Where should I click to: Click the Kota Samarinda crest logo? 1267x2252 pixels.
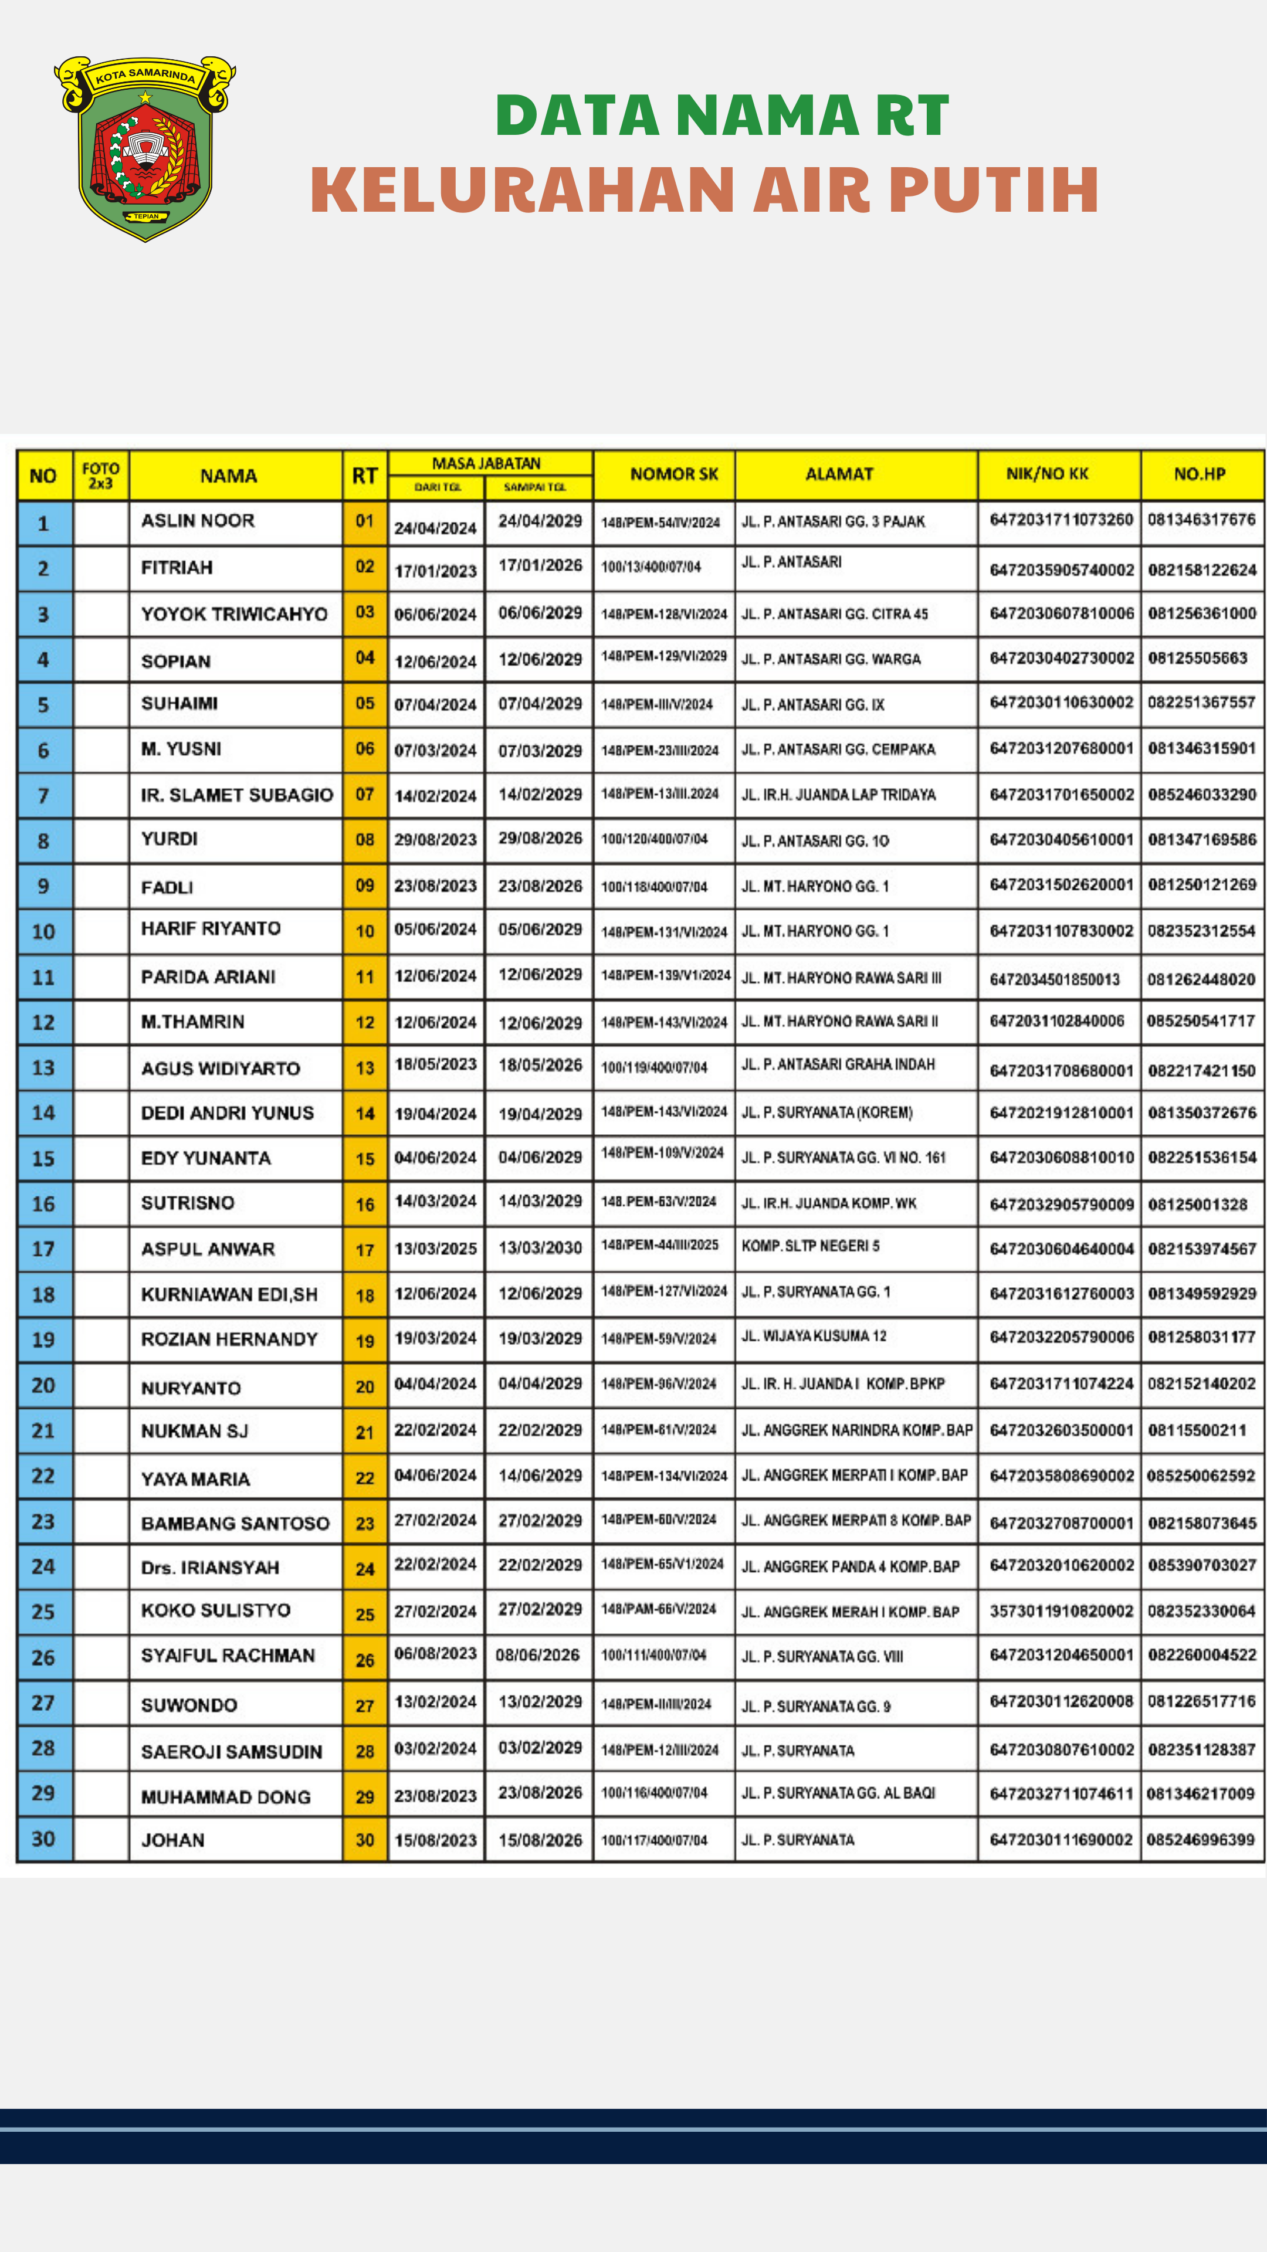(x=145, y=148)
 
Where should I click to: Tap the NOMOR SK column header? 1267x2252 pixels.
(x=673, y=474)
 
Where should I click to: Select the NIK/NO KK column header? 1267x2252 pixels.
(x=1046, y=474)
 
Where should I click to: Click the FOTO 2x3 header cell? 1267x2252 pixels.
(x=100, y=476)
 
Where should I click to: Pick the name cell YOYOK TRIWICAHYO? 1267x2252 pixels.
(x=235, y=613)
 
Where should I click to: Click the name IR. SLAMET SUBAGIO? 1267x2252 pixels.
(x=237, y=795)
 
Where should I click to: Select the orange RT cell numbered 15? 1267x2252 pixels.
(x=365, y=1158)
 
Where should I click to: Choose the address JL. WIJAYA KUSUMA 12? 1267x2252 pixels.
(x=813, y=1336)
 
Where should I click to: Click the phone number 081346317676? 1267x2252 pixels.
(x=1201, y=519)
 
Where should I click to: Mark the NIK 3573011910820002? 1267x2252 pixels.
(x=1061, y=1610)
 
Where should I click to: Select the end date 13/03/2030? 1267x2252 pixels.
(x=540, y=1247)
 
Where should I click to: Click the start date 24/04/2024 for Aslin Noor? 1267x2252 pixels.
(x=435, y=528)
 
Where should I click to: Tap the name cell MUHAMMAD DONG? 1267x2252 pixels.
(x=226, y=1796)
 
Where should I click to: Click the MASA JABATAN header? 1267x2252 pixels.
(x=486, y=463)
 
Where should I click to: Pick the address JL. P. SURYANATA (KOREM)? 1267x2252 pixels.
(x=826, y=1112)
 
